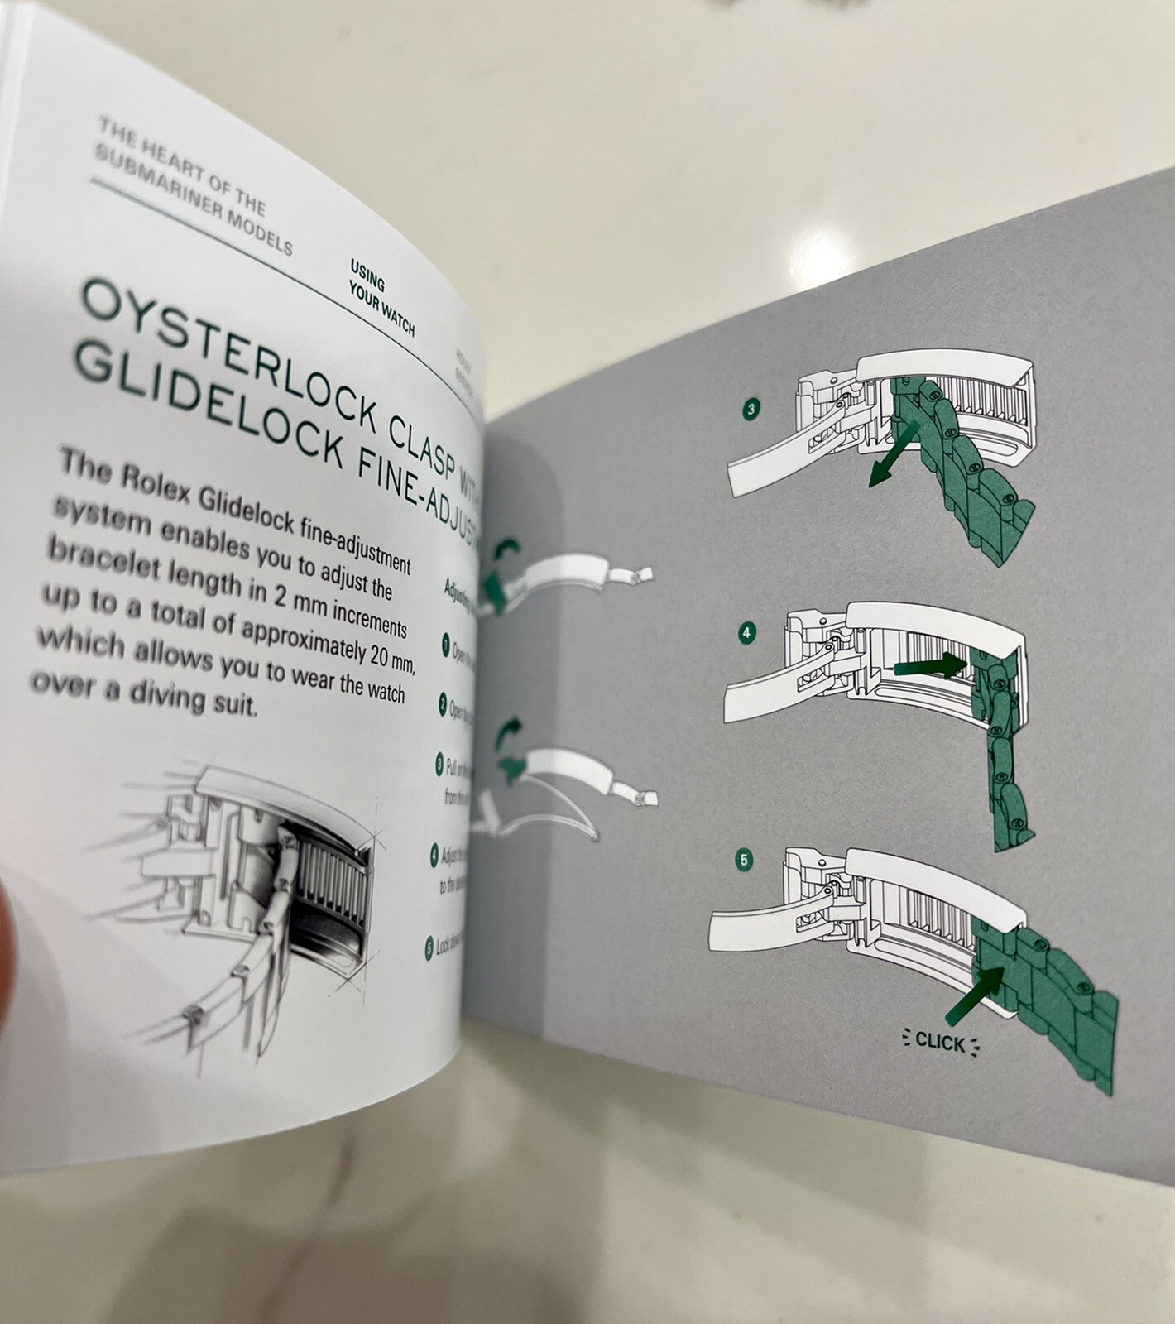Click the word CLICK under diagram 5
coord(940,1042)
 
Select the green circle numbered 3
coord(751,409)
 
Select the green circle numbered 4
coord(747,634)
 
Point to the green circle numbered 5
coord(744,861)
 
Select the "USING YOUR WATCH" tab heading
coord(381,299)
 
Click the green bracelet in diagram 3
coord(976,488)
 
